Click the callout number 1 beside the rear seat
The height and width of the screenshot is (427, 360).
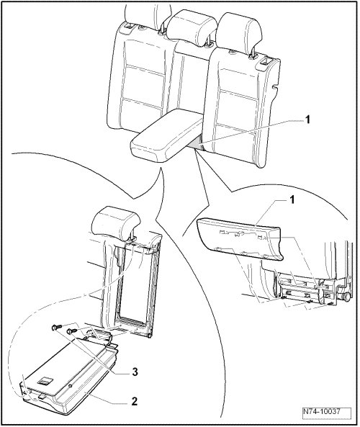click(x=307, y=120)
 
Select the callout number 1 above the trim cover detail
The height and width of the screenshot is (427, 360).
click(x=292, y=200)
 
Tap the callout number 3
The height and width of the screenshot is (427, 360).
click(x=135, y=372)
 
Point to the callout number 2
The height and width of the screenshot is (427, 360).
click(x=134, y=401)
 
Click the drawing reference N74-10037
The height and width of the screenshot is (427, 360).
click(x=322, y=411)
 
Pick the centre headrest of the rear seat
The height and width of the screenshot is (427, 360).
click(x=191, y=26)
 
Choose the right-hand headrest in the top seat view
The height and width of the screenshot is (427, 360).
click(x=240, y=32)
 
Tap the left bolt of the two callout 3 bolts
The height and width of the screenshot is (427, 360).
click(x=57, y=327)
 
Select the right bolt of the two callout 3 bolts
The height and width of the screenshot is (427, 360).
click(x=73, y=331)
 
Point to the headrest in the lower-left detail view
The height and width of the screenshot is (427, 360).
click(x=116, y=223)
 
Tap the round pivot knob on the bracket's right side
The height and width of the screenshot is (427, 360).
click(x=346, y=297)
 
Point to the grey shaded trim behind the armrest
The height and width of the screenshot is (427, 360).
click(x=197, y=144)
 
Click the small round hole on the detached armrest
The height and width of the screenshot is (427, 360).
click(x=71, y=386)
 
